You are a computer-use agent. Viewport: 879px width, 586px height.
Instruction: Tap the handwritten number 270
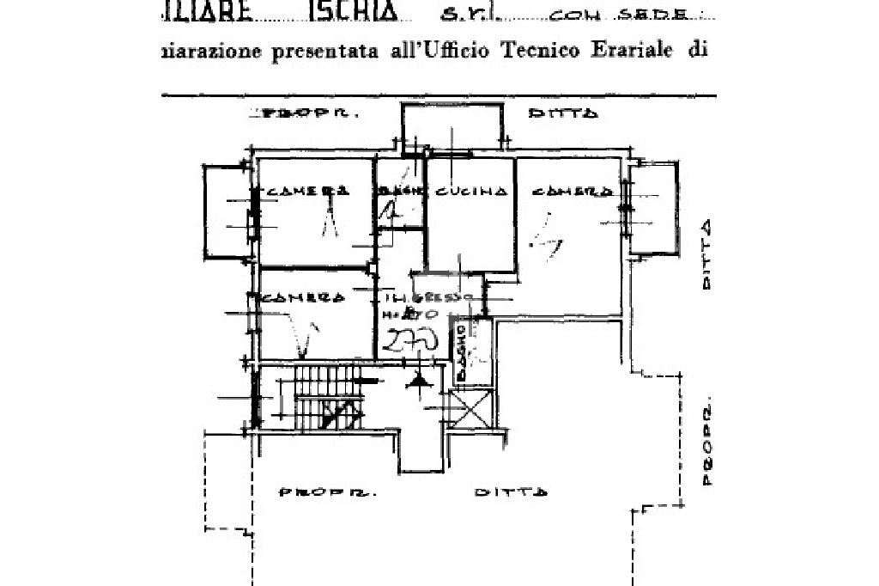click(x=411, y=342)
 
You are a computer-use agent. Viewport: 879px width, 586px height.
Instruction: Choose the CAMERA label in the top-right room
click(x=571, y=192)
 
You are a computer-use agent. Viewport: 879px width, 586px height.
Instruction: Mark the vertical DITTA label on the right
click(x=706, y=255)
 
